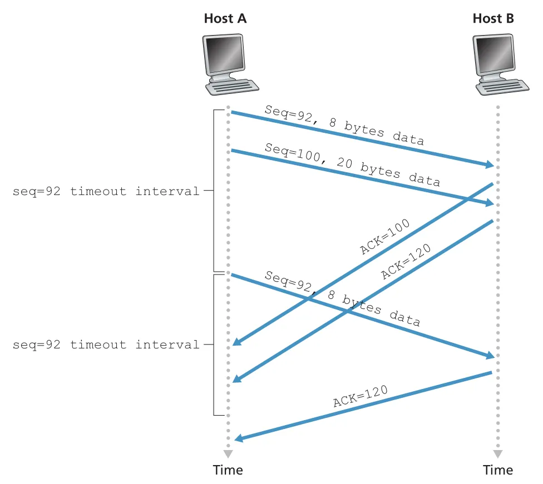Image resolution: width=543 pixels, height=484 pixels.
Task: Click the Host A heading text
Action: [225, 18]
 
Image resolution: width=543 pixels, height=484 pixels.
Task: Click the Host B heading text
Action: [493, 18]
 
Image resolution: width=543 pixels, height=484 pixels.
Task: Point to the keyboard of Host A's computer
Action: [232, 87]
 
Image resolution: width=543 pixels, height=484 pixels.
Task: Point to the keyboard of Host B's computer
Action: [502, 87]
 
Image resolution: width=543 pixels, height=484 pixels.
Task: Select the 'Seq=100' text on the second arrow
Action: [293, 153]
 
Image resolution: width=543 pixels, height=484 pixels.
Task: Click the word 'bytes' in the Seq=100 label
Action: [380, 170]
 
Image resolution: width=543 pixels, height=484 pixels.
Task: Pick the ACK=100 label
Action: [385, 236]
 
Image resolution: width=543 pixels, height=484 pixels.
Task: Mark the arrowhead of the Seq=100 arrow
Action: [490, 202]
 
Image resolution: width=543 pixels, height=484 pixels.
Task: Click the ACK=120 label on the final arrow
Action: [360, 396]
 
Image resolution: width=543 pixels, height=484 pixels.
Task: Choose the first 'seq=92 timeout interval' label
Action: [106, 191]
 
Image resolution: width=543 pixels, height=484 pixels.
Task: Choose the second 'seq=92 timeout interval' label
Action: [106, 345]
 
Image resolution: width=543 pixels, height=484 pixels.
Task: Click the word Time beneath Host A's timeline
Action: [228, 470]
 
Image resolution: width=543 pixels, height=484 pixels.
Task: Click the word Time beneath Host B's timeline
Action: [498, 470]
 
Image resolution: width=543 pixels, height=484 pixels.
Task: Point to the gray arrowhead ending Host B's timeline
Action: [498, 453]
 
